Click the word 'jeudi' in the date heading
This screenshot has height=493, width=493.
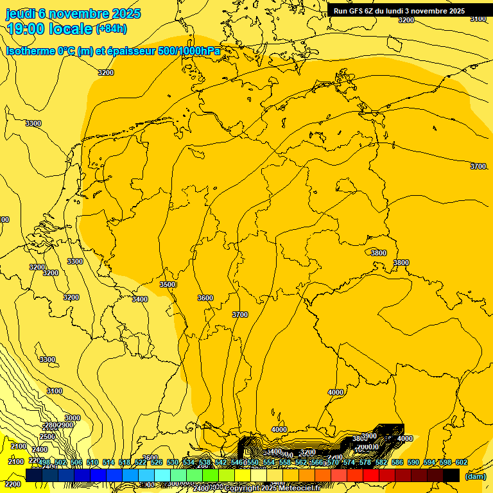click(x=20, y=13)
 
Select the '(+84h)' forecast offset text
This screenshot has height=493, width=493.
click(x=111, y=28)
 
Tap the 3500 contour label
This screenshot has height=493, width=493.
click(x=168, y=284)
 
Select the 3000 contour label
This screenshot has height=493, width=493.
click(x=73, y=418)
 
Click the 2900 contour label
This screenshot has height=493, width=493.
click(x=65, y=425)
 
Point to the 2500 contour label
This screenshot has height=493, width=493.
click(x=48, y=437)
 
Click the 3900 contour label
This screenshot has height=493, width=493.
click(x=369, y=436)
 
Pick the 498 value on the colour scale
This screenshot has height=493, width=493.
click(x=44, y=462)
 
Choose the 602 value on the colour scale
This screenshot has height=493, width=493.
click(x=462, y=462)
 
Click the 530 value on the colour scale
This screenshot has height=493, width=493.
click(x=173, y=462)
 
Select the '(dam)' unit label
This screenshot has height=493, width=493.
click(x=475, y=476)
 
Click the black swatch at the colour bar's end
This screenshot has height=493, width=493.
click(x=451, y=475)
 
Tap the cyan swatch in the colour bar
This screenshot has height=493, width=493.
click(x=162, y=475)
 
